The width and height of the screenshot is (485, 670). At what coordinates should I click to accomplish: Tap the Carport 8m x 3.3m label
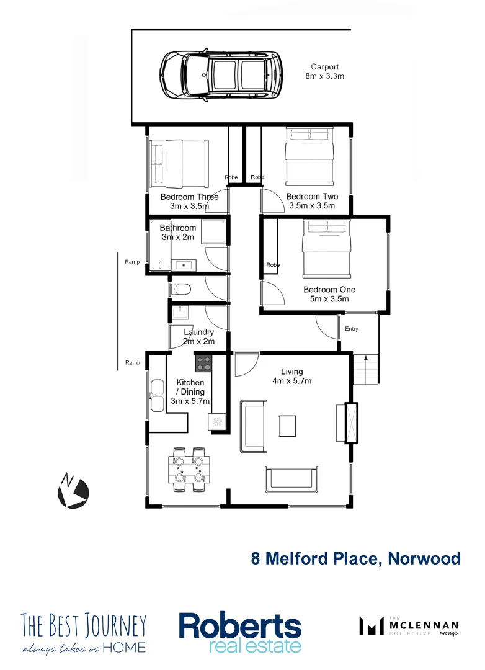click(325, 71)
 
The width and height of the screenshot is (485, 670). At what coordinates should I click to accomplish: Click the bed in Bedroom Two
click(309, 156)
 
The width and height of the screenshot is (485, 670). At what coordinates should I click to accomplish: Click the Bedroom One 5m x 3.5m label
click(329, 294)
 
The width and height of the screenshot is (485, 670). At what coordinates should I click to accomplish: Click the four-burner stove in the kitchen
click(203, 362)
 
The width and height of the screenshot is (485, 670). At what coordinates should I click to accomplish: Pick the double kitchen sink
click(156, 395)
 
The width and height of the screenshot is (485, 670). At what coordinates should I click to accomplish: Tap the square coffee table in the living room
click(288, 426)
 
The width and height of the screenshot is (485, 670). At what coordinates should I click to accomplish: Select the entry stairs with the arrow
click(366, 369)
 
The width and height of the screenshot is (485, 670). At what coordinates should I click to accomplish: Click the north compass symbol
click(73, 491)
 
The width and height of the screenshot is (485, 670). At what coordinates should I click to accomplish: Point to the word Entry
click(352, 329)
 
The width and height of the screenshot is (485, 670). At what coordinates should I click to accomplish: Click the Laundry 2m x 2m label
click(198, 337)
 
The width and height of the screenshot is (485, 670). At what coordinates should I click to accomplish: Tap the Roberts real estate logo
click(240, 632)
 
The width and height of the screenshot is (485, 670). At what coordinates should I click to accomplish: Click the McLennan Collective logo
click(409, 627)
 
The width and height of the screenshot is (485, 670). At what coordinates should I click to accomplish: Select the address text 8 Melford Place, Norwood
click(355, 558)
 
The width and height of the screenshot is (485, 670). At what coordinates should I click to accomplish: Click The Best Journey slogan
click(84, 633)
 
